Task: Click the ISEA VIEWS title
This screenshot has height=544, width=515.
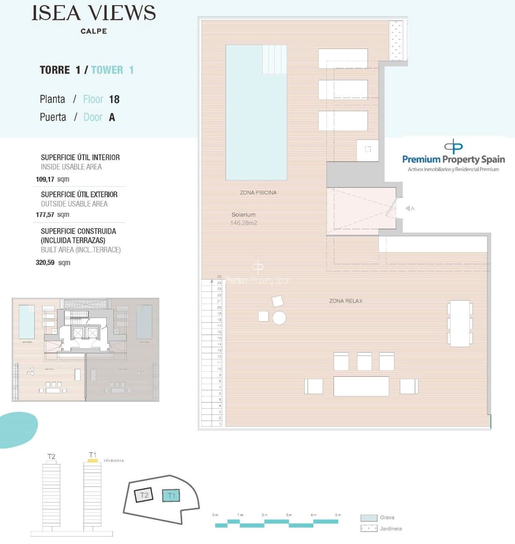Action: coord(93,13)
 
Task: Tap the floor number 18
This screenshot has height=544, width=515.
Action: coord(114,99)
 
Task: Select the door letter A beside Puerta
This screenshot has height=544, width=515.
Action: coord(112,117)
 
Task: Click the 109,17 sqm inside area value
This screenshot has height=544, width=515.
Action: coord(52,179)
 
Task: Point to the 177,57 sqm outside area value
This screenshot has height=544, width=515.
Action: coord(52,214)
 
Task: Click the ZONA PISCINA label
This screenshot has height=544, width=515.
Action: coord(258,193)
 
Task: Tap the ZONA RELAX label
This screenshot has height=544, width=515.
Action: coord(346,301)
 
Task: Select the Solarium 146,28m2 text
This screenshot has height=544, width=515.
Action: coord(244,219)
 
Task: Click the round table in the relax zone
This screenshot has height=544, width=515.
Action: coord(279,318)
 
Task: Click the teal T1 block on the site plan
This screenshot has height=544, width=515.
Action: coord(171,495)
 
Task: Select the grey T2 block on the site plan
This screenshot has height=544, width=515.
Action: coord(144,495)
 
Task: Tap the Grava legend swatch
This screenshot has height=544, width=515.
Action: coord(369,518)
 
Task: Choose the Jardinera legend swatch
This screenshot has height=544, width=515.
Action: coord(369,529)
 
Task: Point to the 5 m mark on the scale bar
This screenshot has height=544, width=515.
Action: coord(338,515)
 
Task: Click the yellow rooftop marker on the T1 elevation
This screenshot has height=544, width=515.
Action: coord(92,460)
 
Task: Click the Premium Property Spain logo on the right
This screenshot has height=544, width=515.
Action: coord(453,156)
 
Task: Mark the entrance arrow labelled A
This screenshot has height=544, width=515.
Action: coord(409,209)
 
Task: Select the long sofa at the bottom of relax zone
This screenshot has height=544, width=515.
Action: coord(361,386)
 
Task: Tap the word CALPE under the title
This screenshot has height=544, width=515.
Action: coord(93,31)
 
